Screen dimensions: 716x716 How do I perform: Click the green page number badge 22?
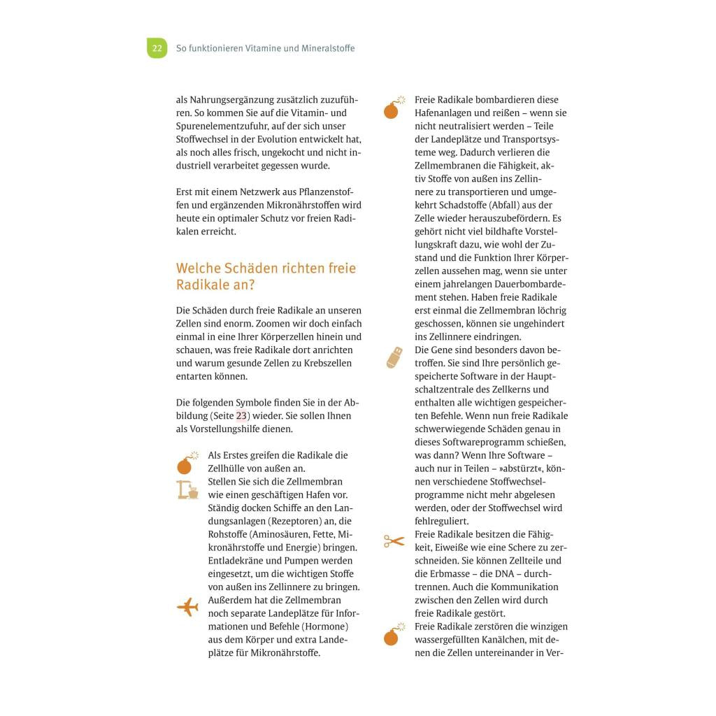157,48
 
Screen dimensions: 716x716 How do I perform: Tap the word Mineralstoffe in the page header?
328,48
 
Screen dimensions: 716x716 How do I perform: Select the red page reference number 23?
241,416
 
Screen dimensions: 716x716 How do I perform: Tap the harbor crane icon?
187,489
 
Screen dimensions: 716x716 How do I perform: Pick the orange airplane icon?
187,607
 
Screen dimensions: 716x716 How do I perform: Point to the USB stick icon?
394,357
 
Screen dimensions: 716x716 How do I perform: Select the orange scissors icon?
394,540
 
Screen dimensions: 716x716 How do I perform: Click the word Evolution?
289,139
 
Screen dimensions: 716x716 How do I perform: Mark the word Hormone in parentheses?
327,626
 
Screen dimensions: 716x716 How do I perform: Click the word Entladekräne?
236,561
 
